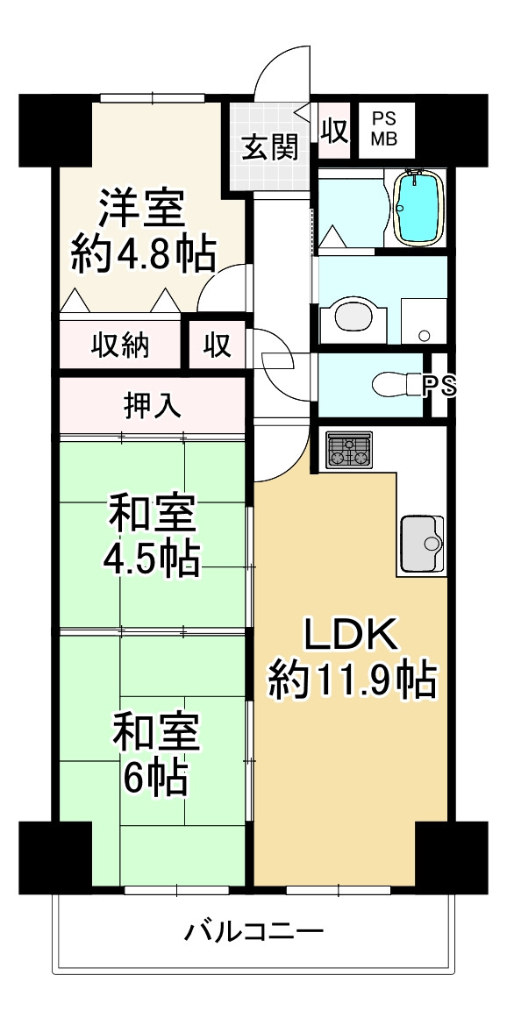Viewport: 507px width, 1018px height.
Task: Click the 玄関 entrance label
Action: (269, 147)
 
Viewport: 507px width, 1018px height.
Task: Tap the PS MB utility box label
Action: (383, 129)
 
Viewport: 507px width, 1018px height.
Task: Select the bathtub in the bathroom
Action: (420, 207)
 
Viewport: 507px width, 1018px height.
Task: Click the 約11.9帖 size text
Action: (352, 680)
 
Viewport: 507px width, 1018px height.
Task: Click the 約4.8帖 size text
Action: (143, 254)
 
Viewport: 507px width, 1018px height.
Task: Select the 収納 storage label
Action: (121, 345)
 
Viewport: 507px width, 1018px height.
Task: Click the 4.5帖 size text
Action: (154, 559)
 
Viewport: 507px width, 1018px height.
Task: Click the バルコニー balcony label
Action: (253, 930)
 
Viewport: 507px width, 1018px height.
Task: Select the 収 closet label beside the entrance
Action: (333, 131)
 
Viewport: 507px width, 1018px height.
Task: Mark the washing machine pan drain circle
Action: (425, 335)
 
